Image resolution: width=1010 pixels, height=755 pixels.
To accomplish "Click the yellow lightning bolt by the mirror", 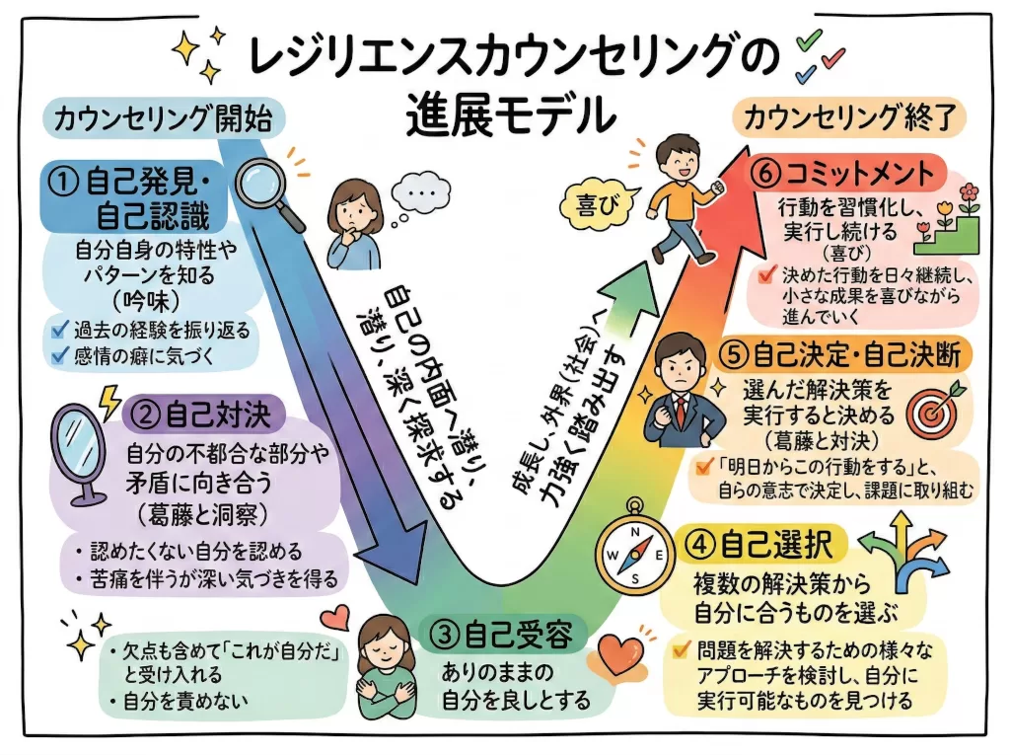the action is (x=109, y=401).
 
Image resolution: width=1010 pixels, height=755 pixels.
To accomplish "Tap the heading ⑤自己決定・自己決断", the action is (x=844, y=355).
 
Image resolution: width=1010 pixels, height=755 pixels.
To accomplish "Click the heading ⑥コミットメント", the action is (x=845, y=173).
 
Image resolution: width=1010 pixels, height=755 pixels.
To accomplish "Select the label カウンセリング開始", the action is (x=164, y=118).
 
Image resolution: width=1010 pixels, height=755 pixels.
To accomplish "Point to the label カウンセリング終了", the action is (x=850, y=118).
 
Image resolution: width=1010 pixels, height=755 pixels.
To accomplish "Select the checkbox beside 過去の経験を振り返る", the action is (x=60, y=330).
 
